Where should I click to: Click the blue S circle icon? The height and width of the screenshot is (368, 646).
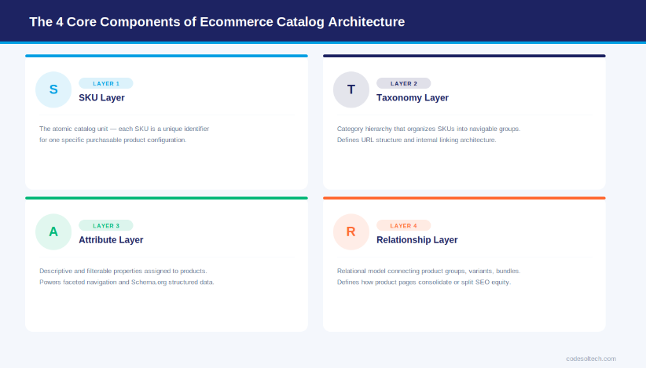pos(53,89)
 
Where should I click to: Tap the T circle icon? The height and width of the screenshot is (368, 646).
pos(351,89)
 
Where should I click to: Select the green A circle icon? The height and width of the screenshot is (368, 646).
pos(53,231)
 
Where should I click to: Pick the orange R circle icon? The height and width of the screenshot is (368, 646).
pos(351,231)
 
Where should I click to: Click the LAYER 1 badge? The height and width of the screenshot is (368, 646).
pos(106,83)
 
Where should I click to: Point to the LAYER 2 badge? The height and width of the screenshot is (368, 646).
pos(404,83)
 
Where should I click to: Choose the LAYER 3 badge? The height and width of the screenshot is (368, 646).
pos(106,225)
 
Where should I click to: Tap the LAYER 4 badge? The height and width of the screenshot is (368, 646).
pos(404,225)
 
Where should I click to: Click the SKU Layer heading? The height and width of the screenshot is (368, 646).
pos(101,98)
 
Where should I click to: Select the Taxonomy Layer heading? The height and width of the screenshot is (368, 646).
pos(413,98)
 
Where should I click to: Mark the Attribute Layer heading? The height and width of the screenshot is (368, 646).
pos(111,240)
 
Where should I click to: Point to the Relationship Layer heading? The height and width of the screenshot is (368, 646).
pos(417,240)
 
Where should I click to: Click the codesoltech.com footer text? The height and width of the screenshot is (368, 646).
pos(591,359)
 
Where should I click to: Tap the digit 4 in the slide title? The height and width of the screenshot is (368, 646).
pos(59,22)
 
